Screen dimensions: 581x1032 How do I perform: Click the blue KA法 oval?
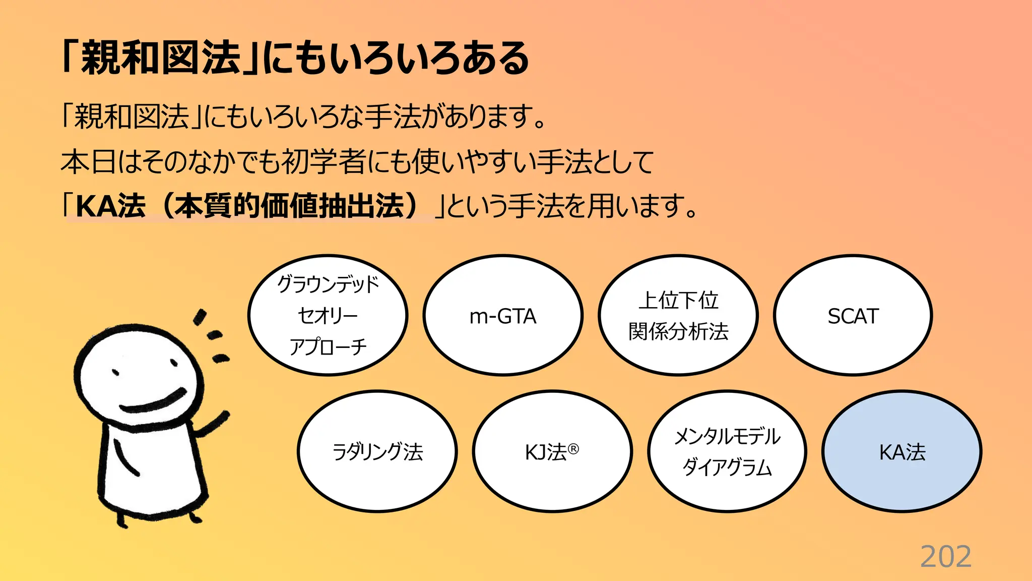point(902,451)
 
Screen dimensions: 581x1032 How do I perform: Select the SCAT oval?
point(853,316)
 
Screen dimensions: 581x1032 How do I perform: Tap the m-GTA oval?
point(503,316)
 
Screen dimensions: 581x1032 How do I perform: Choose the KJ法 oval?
point(552,451)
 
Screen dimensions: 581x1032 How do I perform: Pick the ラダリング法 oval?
point(377,451)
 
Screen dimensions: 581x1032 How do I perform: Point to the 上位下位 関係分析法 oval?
point(678,316)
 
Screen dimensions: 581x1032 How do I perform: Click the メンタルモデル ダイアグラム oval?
point(727,451)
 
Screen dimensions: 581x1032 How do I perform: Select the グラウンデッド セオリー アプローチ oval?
point(328,316)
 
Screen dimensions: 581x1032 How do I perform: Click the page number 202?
point(945,557)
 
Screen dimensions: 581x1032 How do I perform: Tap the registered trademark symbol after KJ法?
point(573,448)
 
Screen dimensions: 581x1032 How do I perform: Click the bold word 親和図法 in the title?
point(161,58)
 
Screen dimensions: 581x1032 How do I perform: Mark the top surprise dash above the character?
point(200,316)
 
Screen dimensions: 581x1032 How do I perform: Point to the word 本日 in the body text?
point(89,162)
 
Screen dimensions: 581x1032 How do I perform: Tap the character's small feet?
point(156,519)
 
